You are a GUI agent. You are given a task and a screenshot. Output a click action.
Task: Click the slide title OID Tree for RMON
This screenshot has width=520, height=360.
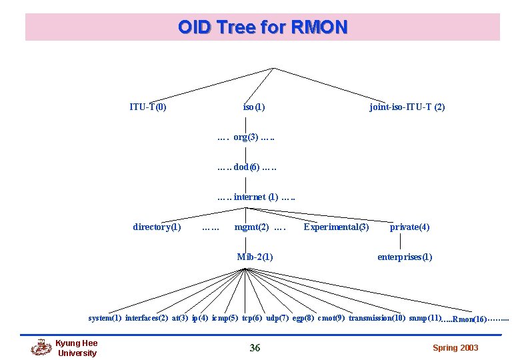tap(263, 27)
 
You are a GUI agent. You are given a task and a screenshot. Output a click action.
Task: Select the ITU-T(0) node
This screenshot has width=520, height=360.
tap(148, 107)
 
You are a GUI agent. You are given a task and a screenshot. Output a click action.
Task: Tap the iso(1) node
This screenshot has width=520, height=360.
tap(254, 107)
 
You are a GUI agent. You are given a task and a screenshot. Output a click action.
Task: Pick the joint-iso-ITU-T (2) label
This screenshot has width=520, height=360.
tap(407, 107)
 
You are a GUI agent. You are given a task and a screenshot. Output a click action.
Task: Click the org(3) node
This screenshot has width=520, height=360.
tap(246, 137)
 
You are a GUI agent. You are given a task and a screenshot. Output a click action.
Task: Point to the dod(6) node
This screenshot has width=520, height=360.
tap(247, 167)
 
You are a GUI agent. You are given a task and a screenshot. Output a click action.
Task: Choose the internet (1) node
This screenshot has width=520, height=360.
tap(256, 197)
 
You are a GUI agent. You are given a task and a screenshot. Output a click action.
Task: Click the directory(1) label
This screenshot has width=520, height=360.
tap(157, 227)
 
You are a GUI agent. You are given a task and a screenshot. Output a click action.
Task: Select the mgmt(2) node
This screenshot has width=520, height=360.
tap(252, 227)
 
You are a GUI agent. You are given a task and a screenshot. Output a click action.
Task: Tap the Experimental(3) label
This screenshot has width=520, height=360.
tap(336, 227)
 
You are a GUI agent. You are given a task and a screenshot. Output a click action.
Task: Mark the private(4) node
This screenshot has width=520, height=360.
tap(409, 227)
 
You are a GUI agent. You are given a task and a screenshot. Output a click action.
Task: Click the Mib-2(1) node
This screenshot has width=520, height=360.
tap(255, 257)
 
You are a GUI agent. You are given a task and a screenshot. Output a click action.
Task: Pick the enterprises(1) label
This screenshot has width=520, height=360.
tap(405, 257)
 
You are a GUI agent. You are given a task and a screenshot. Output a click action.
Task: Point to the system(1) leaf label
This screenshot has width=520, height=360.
tap(105, 318)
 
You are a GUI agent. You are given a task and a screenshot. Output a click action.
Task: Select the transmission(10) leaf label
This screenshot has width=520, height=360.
tap(377, 318)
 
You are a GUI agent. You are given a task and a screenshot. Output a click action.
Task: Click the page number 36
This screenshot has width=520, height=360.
tap(255, 347)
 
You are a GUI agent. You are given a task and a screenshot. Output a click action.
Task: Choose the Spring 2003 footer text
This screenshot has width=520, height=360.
tap(455, 348)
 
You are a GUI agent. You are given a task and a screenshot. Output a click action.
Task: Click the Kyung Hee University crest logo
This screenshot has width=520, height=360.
tap(41, 348)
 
